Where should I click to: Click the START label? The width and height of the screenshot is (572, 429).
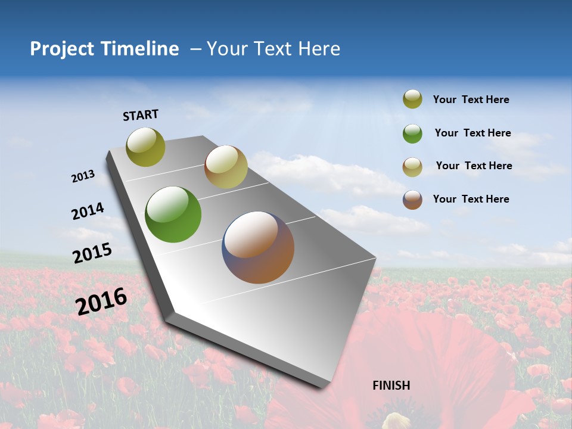point(141,115)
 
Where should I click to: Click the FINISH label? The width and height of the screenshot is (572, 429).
point(391,386)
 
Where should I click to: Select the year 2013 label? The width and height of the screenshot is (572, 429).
point(83,176)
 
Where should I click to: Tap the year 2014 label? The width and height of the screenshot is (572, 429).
point(88,212)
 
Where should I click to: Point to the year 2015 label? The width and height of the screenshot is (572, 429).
point(92,253)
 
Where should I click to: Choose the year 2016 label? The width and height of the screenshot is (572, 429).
point(101,301)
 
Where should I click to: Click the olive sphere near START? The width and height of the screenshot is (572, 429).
point(146,147)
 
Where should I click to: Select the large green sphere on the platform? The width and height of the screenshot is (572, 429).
point(173,214)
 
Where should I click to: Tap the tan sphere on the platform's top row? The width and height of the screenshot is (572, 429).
point(226,167)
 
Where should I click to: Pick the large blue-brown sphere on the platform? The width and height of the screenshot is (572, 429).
point(258,247)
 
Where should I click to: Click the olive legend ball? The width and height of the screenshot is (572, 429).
point(412,99)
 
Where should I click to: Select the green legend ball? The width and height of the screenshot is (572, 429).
point(412,133)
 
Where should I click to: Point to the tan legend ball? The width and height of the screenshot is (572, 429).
point(412,167)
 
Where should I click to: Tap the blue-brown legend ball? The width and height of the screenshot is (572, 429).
point(412,200)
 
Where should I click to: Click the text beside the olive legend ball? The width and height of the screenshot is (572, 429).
point(471,100)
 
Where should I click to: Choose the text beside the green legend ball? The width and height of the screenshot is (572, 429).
point(472,133)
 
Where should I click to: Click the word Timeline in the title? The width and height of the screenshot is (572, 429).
point(141,49)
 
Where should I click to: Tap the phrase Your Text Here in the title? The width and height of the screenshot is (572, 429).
point(273,49)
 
